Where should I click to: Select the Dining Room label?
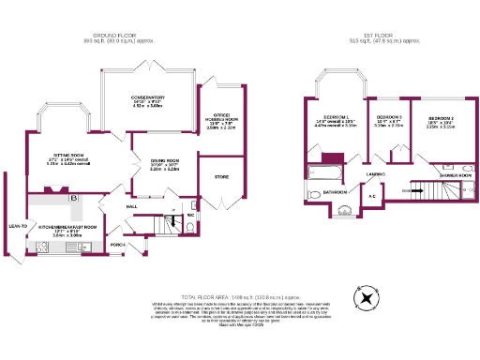[x=165, y=160]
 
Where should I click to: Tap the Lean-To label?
[x=17, y=225]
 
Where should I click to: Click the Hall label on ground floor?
[x=132, y=206]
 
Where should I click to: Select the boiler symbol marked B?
[x=73, y=199]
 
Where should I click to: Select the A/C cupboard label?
[x=372, y=196]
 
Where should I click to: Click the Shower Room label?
[x=455, y=175]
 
